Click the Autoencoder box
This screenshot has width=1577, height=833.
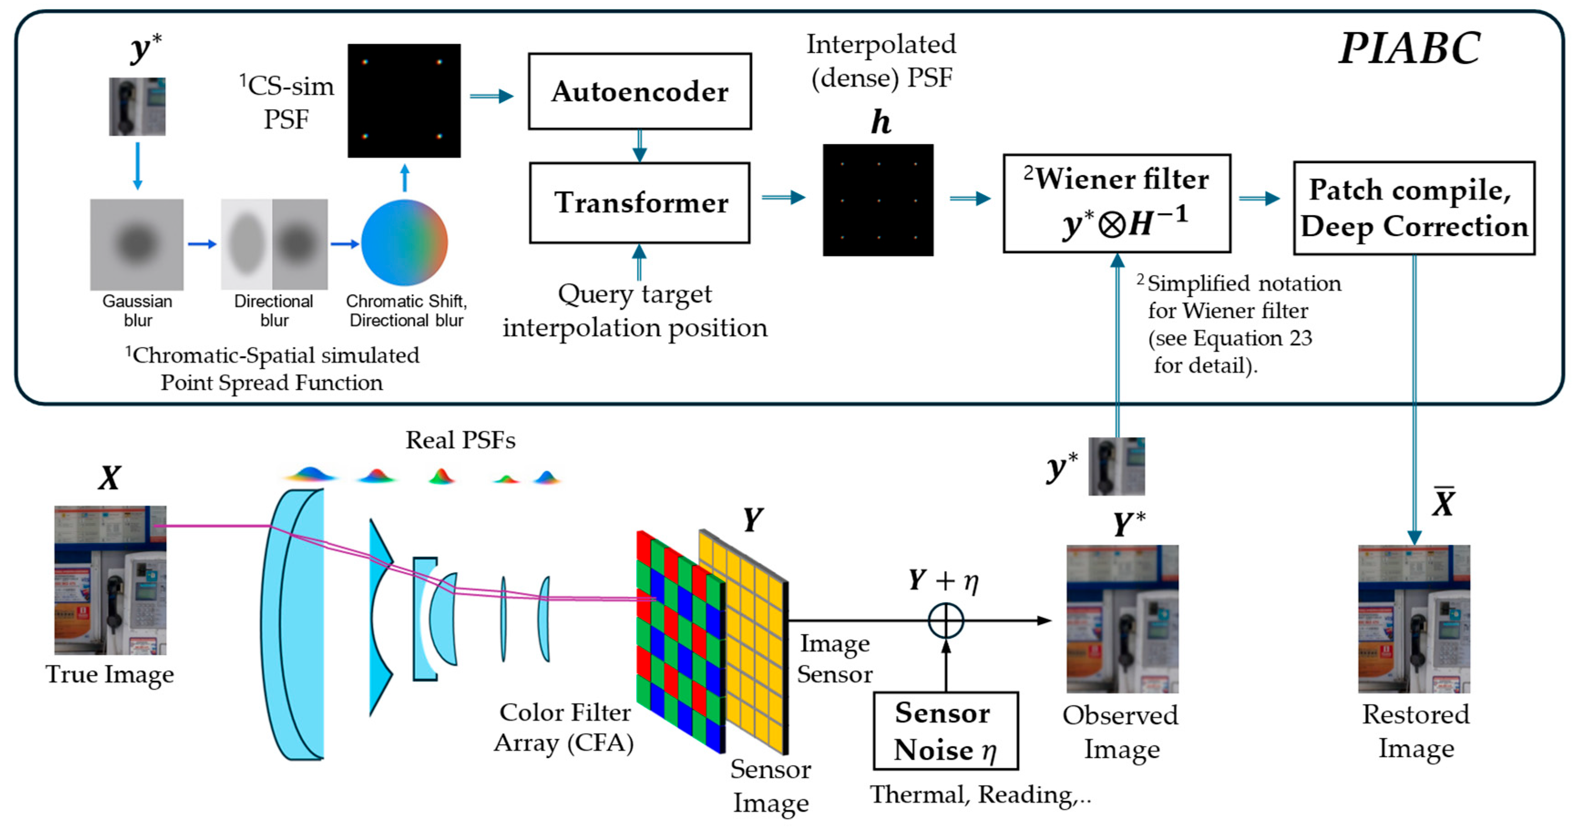click(x=640, y=91)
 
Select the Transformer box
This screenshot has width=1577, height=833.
click(x=640, y=203)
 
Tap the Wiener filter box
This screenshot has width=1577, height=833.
click(x=1116, y=203)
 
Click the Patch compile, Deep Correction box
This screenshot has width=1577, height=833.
click(x=1414, y=208)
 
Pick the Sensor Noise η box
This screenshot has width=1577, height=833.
click(x=946, y=731)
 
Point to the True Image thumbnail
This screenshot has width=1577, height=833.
click(x=110, y=580)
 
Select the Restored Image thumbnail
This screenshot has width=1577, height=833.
click(x=1414, y=619)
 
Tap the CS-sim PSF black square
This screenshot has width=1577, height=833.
click(x=404, y=100)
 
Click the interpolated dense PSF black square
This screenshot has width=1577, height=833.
click(x=878, y=200)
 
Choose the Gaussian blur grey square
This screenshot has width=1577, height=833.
click(x=137, y=244)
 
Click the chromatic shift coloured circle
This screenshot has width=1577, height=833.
click(x=404, y=242)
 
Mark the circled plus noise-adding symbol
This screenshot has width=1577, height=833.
click(x=946, y=621)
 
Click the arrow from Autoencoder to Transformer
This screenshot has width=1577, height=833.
click(x=640, y=146)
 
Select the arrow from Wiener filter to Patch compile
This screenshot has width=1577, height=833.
click(x=1259, y=198)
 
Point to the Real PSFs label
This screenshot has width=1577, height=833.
click(x=461, y=440)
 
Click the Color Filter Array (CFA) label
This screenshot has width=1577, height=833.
click(x=564, y=727)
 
